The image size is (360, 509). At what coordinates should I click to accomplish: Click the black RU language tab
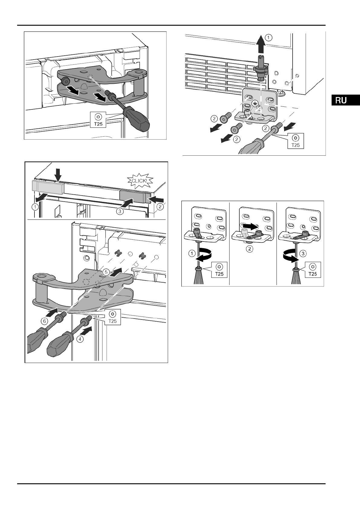(345, 100)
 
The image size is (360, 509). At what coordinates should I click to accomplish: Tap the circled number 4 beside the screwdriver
(80, 339)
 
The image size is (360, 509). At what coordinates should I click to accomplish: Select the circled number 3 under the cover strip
(120, 211)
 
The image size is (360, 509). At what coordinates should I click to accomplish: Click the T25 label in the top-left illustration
(98, 120)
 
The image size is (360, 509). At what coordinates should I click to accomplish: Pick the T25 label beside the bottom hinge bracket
(295, 141)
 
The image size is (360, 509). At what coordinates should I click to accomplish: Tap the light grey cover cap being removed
(47, 187)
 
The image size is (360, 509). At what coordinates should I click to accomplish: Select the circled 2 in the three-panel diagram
(249, 249)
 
